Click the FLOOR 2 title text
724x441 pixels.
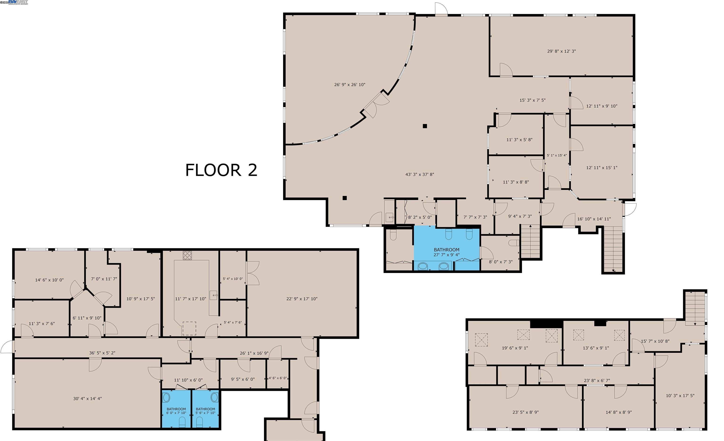pos(221,170)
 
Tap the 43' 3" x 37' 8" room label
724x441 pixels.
pos(419,174)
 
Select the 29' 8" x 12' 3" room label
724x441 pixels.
pos(561,51)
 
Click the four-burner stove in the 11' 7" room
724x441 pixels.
pos(187,255)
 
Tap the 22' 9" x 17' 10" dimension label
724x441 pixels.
pos(302,299)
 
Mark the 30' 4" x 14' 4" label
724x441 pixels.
pos(87,398)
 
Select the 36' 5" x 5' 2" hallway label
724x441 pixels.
pos(102,353)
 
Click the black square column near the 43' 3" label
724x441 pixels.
pos(425,126)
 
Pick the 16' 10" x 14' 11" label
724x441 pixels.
pos(594,219)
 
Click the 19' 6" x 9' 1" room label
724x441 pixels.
pos(514,348)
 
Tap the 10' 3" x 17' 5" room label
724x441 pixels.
pos(680,396)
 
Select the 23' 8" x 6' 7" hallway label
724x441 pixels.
pos(597,380)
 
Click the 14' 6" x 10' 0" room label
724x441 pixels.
pos(49,280)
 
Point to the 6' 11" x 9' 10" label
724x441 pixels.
pos(87,318)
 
